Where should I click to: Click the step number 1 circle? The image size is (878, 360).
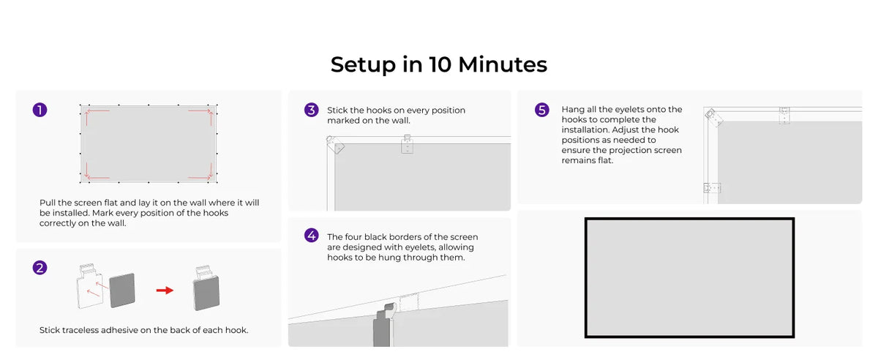tap(40, 110)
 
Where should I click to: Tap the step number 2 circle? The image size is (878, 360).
tap(40, 268)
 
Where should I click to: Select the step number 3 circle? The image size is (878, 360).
tap(312, 110)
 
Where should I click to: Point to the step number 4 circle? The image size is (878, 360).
tap(312, 236)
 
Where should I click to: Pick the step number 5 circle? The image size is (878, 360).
tap(542, 110)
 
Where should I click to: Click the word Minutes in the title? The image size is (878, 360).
tap(503, 64)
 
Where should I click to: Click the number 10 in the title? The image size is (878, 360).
tap(440, 64)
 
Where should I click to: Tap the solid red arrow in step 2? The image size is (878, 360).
tap(165, 290)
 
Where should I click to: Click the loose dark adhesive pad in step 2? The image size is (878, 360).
tap(122, 290)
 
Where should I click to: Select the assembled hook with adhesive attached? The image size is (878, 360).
tap(206, 288)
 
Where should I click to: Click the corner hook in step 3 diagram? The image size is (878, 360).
tap(335, 145)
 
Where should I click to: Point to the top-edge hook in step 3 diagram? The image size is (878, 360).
tap(408, 144)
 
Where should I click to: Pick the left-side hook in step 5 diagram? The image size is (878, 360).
tap(712, 188)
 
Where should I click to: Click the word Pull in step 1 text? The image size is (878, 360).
tap(48, 203)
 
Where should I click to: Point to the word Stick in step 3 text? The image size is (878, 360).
tap(337, 110)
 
